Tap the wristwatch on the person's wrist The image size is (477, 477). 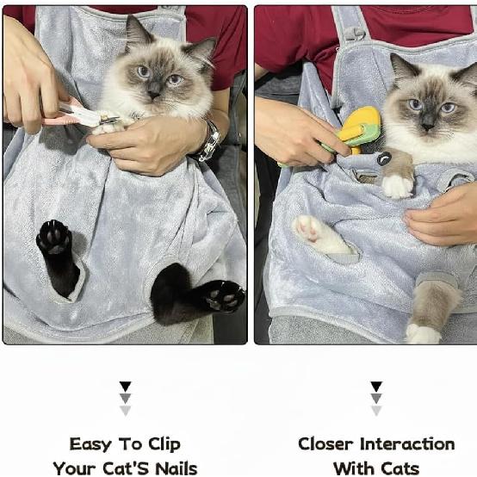coord(208,143)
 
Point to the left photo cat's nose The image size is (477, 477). coord(152,90)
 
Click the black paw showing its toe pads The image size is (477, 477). coord(53,238)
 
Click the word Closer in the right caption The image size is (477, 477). coord(325,444)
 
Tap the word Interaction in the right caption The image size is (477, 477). coord(406,444)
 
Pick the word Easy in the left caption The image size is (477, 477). coord(90,444)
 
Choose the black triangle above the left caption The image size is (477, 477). coord(126,387)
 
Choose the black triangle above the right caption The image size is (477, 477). coord(376,387)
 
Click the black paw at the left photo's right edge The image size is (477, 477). coord(222,296)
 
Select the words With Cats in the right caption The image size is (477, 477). coord(376,468)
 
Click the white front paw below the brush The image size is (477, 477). coord(397,184)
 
